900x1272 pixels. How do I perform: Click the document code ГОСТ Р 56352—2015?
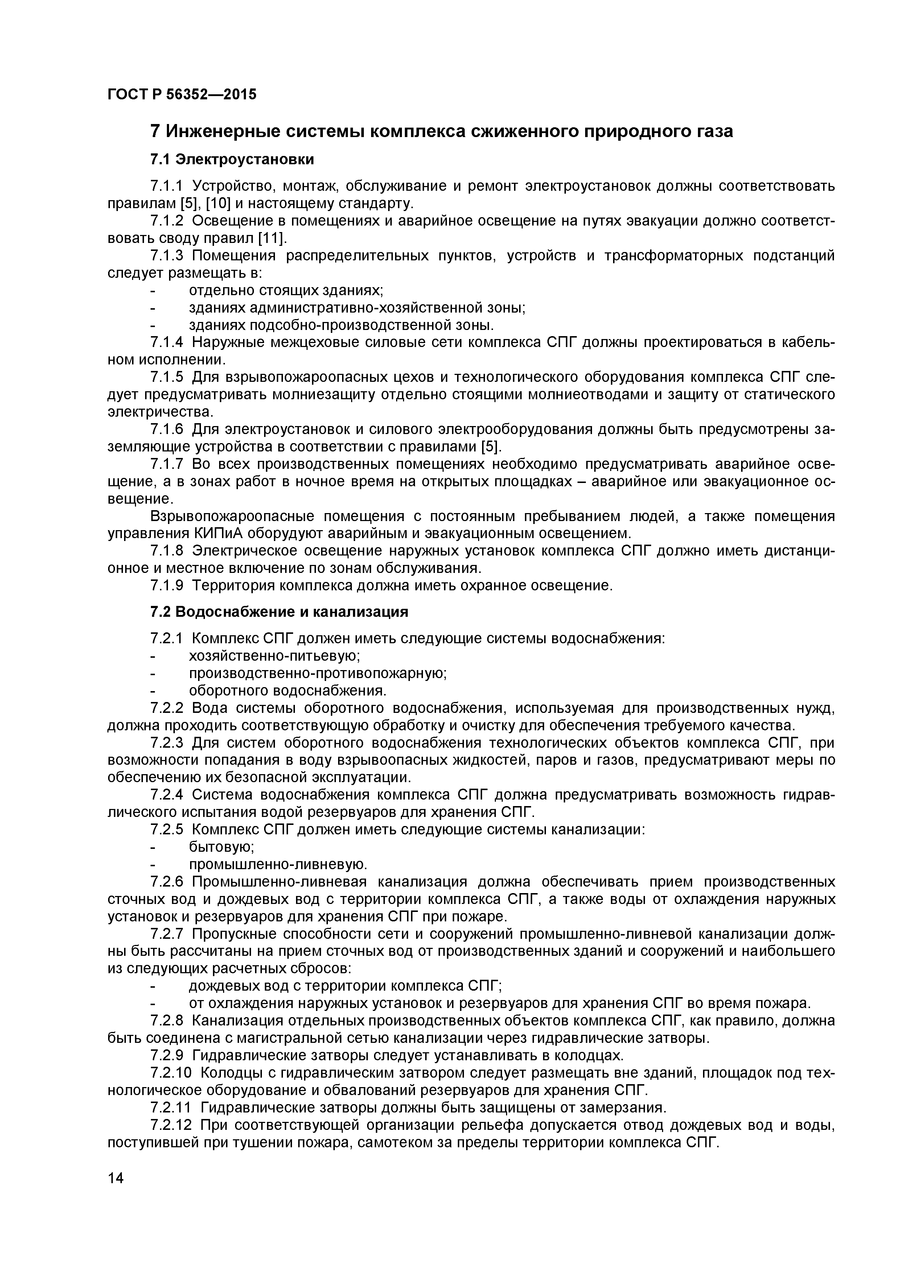[182, 95]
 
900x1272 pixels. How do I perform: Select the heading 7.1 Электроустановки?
[232, 160]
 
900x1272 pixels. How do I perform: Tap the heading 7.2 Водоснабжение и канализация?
[279, 612]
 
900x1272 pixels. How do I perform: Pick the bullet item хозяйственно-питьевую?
[275, 656]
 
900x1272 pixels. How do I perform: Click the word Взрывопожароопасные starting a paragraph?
[233, 516]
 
